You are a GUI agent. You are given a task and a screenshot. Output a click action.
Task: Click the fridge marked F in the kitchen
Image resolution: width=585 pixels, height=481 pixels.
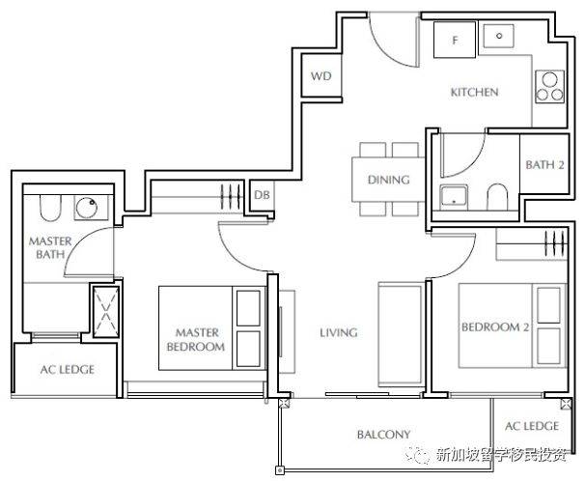[455, 40]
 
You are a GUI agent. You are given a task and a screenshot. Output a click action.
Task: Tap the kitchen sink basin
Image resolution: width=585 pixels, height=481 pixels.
[499, 36]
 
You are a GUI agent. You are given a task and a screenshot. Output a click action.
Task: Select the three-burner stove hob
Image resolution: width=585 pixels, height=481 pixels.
[549, 87]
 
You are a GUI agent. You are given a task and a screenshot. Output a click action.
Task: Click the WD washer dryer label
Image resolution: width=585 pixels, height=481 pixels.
[321, 76]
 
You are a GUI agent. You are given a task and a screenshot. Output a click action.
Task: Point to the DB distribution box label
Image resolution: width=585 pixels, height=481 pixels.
[262, 195]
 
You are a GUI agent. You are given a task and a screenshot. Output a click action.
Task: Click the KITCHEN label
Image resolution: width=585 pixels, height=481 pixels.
[475, 92]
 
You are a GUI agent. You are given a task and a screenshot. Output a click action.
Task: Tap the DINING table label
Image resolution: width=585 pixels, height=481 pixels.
[389, 180]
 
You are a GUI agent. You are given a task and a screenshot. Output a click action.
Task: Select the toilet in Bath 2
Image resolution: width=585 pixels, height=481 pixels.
[498, 196]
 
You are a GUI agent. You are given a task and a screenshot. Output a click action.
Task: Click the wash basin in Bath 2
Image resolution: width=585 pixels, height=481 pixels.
[454, 196]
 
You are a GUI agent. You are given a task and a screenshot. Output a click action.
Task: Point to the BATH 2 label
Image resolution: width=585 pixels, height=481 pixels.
[544, 165]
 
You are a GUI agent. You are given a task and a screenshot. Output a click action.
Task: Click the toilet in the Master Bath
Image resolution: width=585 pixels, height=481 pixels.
[50, 208]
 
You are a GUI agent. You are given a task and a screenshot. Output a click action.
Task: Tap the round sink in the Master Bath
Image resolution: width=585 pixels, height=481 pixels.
[87, 208]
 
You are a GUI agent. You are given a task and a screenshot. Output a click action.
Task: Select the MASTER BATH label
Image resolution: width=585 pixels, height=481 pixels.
[50, 248]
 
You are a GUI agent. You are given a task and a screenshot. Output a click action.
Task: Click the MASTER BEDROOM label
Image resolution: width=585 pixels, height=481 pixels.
[196, 340]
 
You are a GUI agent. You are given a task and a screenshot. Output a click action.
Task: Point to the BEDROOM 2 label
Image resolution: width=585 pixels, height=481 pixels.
[495, 327]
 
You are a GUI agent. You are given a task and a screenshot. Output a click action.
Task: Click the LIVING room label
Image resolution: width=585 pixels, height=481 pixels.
[339, 332]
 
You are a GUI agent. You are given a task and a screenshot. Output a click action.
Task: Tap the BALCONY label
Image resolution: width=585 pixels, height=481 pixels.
[383, 435]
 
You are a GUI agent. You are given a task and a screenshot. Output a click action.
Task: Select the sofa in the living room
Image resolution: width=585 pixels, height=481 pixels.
[401, 335]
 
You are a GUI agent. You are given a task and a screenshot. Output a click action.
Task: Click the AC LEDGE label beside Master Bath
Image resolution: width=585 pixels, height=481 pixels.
[68, 370]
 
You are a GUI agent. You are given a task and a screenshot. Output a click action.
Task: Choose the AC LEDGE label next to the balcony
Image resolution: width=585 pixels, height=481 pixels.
[532, 426]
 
